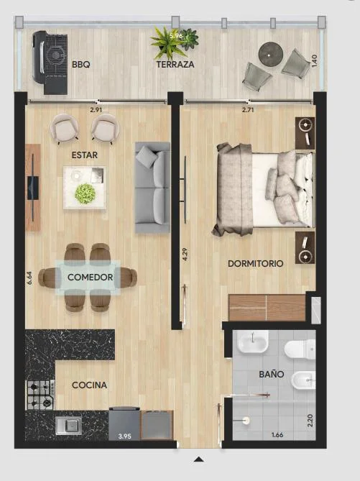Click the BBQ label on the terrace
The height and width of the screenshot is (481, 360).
click(x=81, y=65)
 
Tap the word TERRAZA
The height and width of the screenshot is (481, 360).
click(x=175, y=65)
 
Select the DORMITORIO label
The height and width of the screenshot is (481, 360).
click(x=255, y=263)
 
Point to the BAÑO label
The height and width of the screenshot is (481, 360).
click(x=272, y=374)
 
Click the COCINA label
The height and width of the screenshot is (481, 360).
click(x=90, y=385)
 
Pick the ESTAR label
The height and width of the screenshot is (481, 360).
click(x=85, y=155)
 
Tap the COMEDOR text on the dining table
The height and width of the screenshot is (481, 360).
click(x=90, y=278)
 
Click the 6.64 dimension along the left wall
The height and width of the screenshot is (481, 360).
click(x=29, y=278)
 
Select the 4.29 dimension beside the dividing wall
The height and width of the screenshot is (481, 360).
click(x=185, y=255)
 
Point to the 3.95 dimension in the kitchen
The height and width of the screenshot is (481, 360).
click(x=125, y=436)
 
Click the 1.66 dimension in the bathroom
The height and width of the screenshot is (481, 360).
click(x=277, y=435)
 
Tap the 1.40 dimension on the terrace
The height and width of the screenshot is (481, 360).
click(x=314, y=60)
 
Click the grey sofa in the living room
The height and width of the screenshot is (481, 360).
click(x=152, y=187)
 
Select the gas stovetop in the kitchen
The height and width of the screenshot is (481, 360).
click(x=40, y=395)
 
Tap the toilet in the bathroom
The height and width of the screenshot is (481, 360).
click(x=300, y=349)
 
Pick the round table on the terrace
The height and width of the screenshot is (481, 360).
click(x=269, y=55)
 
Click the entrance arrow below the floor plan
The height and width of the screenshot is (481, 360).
click(x=199, y=459)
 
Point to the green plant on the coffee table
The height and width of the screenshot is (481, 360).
click(x=85, y=193)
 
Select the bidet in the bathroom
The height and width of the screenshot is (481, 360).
click(x=303, y=380)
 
